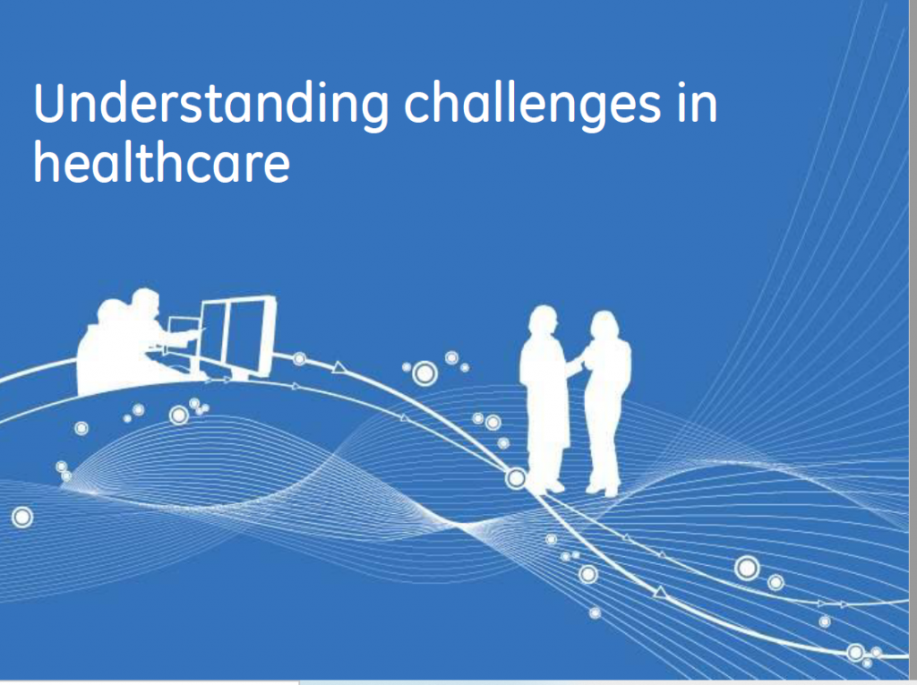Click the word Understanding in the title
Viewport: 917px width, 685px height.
210,104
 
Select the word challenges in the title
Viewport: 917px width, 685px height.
532,104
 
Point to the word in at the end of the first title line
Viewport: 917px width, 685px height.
697,104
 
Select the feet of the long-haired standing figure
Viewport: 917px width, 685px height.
604,489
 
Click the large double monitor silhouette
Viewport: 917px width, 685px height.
236,338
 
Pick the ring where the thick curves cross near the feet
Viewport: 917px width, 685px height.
516,478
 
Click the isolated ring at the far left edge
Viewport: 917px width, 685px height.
22,518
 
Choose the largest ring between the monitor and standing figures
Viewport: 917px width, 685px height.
425,373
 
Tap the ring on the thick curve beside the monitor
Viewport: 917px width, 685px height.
299,358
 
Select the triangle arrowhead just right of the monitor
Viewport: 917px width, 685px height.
338,368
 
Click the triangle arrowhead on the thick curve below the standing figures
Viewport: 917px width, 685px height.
661,593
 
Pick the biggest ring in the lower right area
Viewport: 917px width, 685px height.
747,568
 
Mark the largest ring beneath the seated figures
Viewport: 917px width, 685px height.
179,415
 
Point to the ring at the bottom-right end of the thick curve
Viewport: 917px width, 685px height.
855,652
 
